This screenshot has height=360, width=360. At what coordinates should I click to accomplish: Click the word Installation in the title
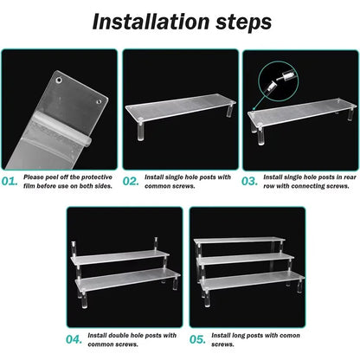point(151,22)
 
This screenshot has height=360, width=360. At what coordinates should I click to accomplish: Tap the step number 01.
point(10,182)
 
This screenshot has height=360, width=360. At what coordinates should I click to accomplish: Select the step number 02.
point(131,182)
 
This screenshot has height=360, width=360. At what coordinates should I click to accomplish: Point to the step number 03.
point(250,182)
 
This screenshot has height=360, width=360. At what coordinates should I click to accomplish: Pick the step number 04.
point(74,339)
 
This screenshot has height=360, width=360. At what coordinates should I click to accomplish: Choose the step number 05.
point(197,339)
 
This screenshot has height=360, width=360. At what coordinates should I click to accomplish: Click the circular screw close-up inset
point(278,81)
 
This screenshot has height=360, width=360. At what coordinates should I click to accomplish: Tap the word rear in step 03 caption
point(350,177)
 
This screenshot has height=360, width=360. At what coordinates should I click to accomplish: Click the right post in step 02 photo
point(229,110)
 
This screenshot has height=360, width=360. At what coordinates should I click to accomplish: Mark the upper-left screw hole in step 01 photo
point(59,80)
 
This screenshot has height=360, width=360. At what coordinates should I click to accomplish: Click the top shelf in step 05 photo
point(239,241)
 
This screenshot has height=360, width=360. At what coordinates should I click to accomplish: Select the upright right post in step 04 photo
point(156,245)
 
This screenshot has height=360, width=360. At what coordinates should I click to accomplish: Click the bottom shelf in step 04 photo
point(128,279)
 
